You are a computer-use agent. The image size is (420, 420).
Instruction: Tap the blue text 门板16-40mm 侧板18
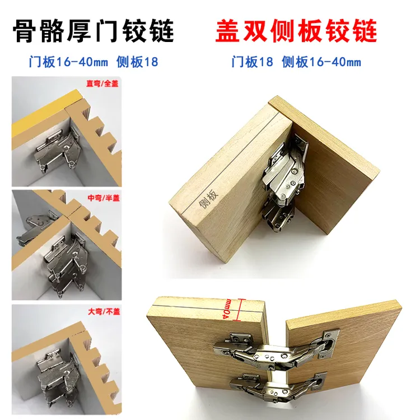[93, 62]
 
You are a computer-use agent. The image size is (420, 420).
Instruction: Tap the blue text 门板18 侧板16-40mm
[296, 62]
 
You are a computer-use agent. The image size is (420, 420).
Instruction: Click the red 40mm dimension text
[230, 306]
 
